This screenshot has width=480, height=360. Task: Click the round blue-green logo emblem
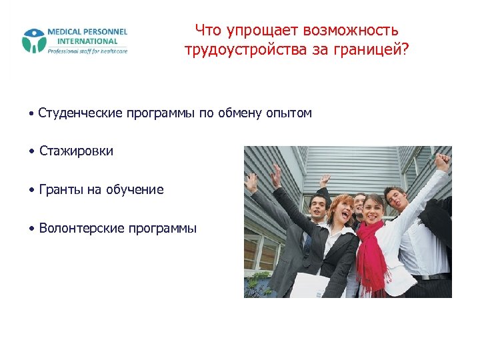(34, 41)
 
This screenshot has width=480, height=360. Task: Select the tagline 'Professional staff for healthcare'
(87, 51)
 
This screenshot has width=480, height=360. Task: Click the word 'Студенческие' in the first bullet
(81, 113)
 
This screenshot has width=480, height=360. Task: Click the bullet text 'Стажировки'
(76, 151)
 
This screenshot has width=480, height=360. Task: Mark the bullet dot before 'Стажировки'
(32, 152)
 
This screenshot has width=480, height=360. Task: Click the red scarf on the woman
(370, 253)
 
